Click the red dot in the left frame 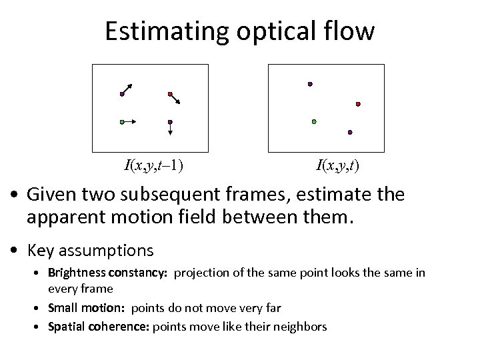pyautogui.click(x=170, y=93)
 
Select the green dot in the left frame pyautogui.click(x=121, y=122)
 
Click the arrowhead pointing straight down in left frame pyautogui.click(x=170, y=133)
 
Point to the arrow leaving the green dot pyautogui.click(x=130, y=122)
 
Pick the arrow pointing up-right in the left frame pyautogui.click(x=127, y=89)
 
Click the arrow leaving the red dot pyautogui.click(x=176, y=99)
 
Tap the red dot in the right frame pyautogui.click(x=358, y=104)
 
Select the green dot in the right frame pyautogui.click(x=314, y=122)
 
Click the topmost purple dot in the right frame pyautogui.click(x=309, y=84)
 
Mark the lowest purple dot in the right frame pyautogui.click(x=350, y=133)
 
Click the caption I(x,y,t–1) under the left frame pyautogui.click(x=154, y=165)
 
